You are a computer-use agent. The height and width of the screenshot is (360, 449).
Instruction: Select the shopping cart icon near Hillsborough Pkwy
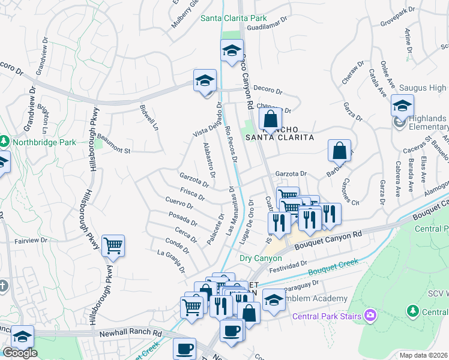pyautogui.click(x=113, y=245)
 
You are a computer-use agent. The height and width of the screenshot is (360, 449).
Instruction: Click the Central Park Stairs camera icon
pyautogui.click(x=370, y=315)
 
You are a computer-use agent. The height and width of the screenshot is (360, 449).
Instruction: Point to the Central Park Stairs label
pyautogui.click(x=327, y=316)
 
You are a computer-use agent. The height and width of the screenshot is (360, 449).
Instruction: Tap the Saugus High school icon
pyautogui.click(x=402, y=105)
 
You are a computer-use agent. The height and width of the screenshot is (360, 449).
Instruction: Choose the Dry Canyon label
pyautogui.click(x=261, y=258)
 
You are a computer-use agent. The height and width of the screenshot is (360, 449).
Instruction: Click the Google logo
pyautogui.click(x=20, y=353)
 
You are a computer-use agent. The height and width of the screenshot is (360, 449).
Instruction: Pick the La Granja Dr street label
pyautogui.click(x=170, y=261)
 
